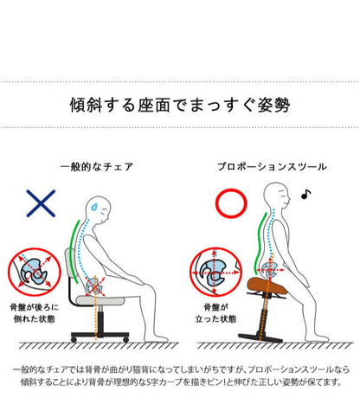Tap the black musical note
(305, 195)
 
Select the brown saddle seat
(269, 285)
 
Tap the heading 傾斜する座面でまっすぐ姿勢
(180, 105)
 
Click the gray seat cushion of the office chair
(100, 299)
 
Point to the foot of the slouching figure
(156, 337)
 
